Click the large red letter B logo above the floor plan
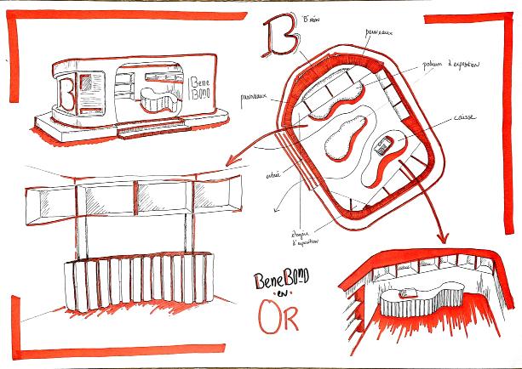click(281, 35)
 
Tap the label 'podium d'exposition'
click(449, 65)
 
